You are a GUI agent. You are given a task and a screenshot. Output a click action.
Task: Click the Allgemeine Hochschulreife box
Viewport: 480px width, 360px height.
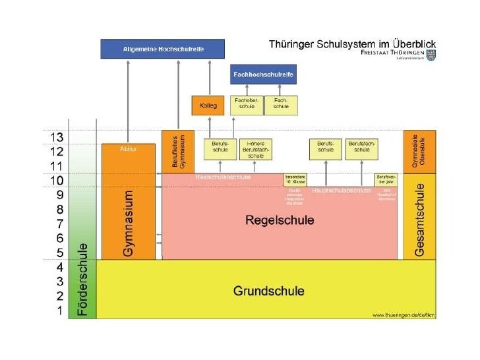pyautogui.click(x=162, y=49)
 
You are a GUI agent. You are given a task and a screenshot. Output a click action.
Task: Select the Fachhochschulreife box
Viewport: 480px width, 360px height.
pyautogui.click(x=262, y=75)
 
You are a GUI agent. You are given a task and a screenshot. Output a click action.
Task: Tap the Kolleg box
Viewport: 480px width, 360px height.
pyautogui.click(x=208, y=105)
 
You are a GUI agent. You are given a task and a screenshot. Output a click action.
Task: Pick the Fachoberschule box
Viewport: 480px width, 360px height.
pyautogui.click(x=247, y=105)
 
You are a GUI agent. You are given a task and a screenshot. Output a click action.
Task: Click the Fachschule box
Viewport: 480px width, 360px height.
pyautogui.click(x=281, y=105)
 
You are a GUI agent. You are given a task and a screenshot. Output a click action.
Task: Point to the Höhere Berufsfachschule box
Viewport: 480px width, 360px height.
pyautogui.click(x=256, y=150)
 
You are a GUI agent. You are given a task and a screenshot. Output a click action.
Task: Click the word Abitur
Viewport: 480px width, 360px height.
pyautogui.click(x=129, y=150)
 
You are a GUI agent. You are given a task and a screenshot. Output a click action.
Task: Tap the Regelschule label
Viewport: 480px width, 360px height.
pyautogui.click(x=280, y=220)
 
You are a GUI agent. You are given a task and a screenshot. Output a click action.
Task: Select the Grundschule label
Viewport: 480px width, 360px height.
pyautogui.click(x=269, y=290)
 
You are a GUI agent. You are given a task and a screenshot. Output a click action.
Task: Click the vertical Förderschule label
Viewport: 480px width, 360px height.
pyautogui.click(x=82, y=280)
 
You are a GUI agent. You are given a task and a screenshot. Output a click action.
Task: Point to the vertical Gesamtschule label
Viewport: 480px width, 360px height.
pyautogui.click(x=420, y=220)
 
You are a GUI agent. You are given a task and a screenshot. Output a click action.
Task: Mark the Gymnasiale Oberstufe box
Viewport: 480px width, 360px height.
pyautogui.click(x=419, y=152)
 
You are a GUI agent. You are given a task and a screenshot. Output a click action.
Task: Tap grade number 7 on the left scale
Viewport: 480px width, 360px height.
pyautogui.click(x=59, y=224)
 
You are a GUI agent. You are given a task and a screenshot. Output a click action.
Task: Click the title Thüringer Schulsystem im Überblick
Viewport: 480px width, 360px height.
pyautogui.click(x=352, y=44)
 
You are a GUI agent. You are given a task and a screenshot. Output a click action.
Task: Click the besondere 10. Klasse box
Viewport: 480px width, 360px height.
pyautogui.click(x=295, y=180)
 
